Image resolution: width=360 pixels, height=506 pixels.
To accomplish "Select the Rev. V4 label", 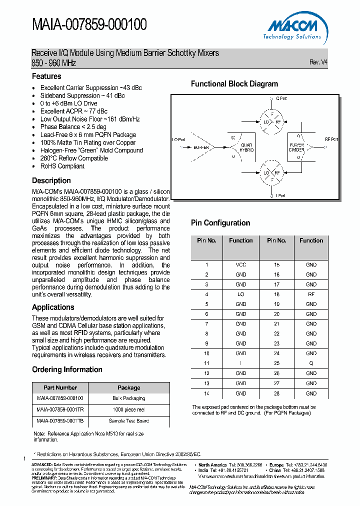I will click(x=318, y=62).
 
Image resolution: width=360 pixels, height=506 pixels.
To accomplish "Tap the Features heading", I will click(x=46, y=76).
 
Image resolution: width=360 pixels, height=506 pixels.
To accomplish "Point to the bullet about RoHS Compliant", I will click(x=62, y=166).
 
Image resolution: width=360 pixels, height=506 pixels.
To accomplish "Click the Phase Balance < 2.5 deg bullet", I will click(x=73, y=127).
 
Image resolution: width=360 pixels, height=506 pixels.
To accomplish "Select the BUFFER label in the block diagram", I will click(x=201, y=147).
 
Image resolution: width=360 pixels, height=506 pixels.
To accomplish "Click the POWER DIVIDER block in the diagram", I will click(x=296, y=147).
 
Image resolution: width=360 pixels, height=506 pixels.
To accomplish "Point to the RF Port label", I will click(x=331, y=139).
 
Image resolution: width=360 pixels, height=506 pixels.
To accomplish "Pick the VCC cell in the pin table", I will click(x=240, y=264).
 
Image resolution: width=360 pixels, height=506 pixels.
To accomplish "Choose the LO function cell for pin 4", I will click(x=240, y=294).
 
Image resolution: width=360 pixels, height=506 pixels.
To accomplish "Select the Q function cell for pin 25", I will click(x=311, y=363).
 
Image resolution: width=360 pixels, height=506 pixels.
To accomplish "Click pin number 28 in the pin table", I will click(x=276, y=393).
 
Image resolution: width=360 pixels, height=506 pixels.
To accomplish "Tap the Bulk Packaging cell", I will click(x=128, y=398).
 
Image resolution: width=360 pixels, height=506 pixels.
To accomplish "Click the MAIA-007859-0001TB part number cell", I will click(x=60, y=421).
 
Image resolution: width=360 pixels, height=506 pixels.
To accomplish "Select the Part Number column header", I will click(x=60, y=387).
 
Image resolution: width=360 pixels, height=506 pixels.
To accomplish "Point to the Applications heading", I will click(x=53, y=307).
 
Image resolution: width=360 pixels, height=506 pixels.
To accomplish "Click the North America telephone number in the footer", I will click(x=245, y=465).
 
